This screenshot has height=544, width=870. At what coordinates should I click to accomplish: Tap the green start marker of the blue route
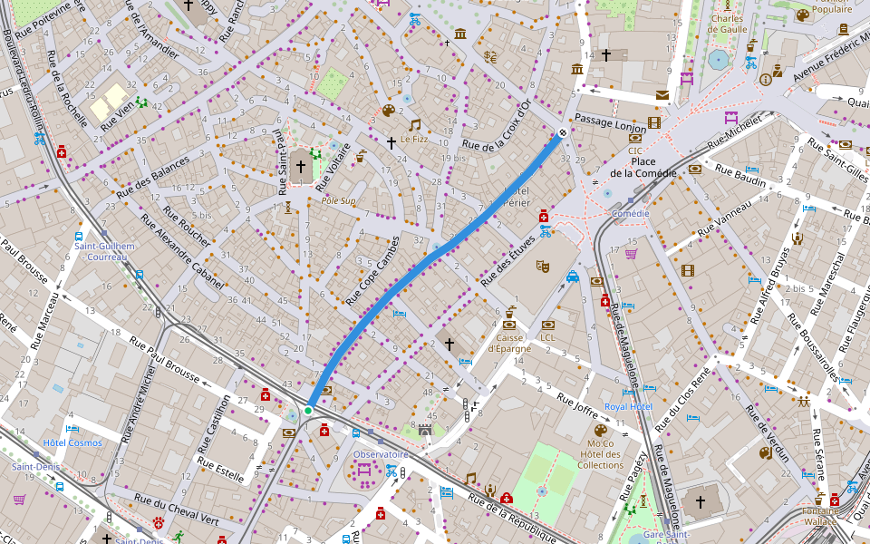pyautogui.click(x=308, y=411)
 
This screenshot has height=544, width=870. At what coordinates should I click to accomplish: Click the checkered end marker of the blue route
pyautogui.click(x=563, y=133)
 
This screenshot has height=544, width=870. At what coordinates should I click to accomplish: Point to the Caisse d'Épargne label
pyautogui.click(x=509, y=343)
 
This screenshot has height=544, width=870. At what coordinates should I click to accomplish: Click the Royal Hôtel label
pyautogui.click(x=628, y=407)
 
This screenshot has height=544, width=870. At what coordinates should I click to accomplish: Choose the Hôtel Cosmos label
pyautogui.click(x=72, y=442)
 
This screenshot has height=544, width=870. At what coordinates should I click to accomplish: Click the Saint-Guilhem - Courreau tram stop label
pyautogui.click(x=104, y=251)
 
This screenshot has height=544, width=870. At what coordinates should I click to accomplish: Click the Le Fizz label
pyautogui.click(x=413, y=140)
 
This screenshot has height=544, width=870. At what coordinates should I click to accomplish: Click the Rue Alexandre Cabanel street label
pyautogui.click(x=182, y=252)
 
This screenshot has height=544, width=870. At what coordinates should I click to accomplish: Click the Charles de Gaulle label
pyautogui.click(x=727, y=24)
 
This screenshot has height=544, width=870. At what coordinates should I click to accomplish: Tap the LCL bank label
pyautogui.click(x=547, y=338)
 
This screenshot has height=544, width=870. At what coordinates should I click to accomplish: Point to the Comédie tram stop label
pyautogui.click(x=631, y=214)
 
